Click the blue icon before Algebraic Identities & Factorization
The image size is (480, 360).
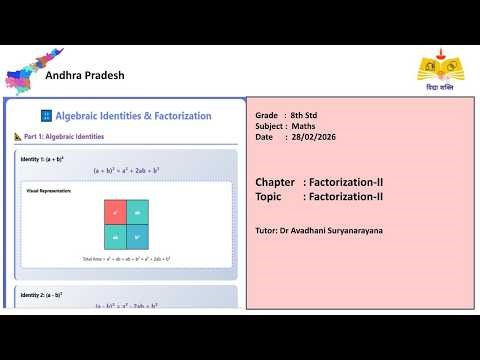pyautogui.click(x=46, y=116)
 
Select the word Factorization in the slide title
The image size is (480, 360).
pyautogui.click(x=176, y=116)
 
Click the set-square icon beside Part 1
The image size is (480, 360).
pyautogui.click(x=18, y=137)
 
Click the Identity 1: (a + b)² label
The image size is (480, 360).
pyautogui.click(x=42, y=159)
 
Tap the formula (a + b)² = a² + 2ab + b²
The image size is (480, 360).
pyautogui.click(x=126, y=171)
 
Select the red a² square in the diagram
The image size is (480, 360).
pyautogui.click(x=115, y=212)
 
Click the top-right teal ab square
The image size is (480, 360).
pyautogui.click(x=137, y=212)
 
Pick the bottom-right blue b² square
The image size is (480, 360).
pyautogui.click(x=137, y=237)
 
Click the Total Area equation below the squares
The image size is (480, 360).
pyautogui.click(x=126, y=259)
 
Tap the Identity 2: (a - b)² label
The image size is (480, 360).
pyautogui.click(x=42, y=295)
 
